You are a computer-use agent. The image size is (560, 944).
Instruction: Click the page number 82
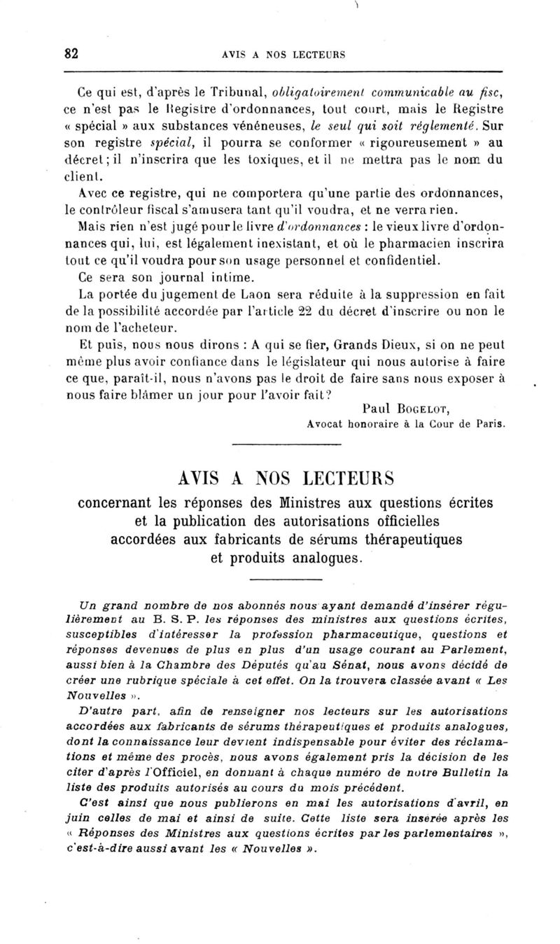click(x=69, y=55)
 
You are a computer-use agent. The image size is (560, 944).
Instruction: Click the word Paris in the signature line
click(x=489, y=424)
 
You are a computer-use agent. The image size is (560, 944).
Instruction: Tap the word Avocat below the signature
click(x=326, y=424)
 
